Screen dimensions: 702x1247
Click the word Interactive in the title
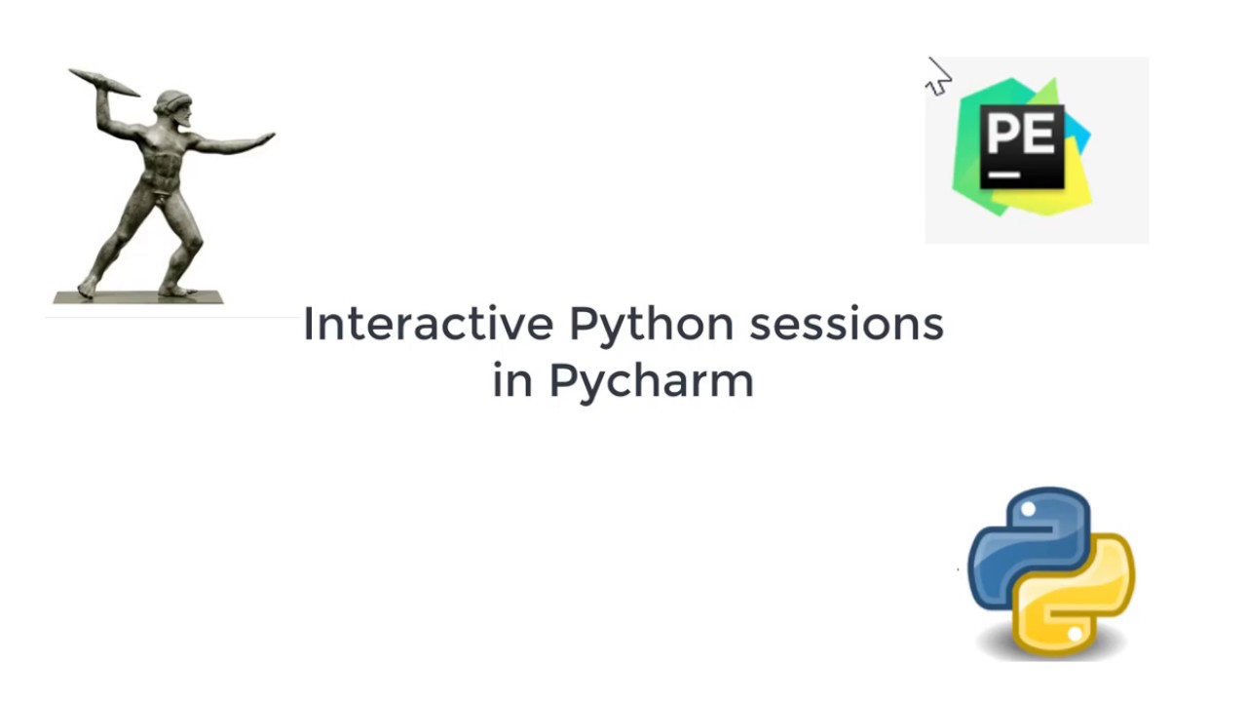point(429,324)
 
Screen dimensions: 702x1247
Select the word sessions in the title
point(846,324)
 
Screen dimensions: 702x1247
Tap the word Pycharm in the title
point(651,381)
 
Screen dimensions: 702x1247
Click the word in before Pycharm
point(512,380)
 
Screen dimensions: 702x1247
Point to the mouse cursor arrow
point(937,77)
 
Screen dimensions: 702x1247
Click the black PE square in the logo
point(1022,146)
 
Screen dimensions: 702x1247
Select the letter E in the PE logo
point(1040,134)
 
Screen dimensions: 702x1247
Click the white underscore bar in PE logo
point(1003,176)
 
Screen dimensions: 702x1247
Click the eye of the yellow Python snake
point(1074,635)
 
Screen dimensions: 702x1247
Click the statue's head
point(172,105)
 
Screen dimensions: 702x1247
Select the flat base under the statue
point(137,297)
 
